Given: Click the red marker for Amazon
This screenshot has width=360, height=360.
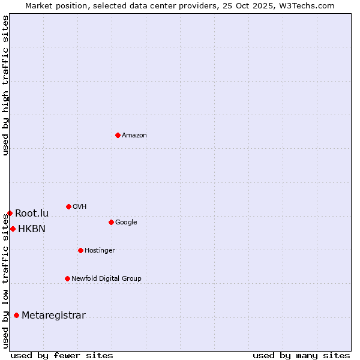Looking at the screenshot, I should click(118, 135).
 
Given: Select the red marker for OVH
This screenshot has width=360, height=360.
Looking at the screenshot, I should click(68, 206).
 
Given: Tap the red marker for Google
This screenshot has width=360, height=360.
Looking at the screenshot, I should click(111, 222).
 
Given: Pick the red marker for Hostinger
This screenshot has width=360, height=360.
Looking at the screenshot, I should click(80, 250).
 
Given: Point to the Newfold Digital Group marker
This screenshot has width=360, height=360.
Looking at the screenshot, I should click(67, 278).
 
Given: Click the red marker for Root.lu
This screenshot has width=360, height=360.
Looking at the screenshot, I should click(10, 213).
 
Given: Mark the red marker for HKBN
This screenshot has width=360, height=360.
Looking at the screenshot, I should click(13, 229).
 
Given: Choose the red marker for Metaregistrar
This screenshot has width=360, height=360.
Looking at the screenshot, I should click(16, 315).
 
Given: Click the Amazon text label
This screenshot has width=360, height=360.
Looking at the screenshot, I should click(134, 135).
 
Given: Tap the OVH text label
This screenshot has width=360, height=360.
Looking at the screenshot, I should click(80, 206).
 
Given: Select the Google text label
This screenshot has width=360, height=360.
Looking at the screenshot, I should click(126, 222).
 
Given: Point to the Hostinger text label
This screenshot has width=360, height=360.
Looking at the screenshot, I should click(100, 250).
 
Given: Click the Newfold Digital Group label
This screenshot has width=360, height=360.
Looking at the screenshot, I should click(106, 278).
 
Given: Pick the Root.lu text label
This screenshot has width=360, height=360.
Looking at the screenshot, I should click(32, 213).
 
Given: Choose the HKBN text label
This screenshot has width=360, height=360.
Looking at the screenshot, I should click(32, 229).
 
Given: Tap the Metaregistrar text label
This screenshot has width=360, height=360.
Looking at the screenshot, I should click(53, 316).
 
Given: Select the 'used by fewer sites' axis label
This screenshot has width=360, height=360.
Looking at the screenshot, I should click(62, 355).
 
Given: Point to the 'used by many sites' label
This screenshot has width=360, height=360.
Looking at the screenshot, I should click(301, 355).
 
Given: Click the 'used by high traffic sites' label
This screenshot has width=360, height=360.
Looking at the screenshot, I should click(5, 85).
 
